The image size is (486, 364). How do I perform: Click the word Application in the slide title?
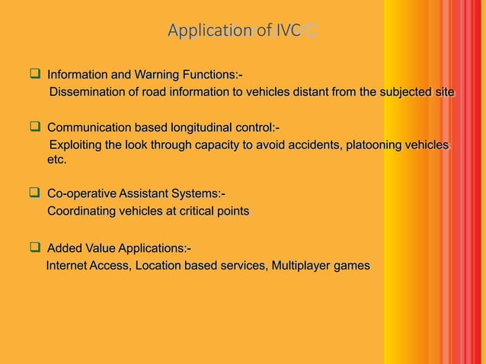coord(210,31)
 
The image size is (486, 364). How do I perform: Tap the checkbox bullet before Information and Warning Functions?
coord(34,75)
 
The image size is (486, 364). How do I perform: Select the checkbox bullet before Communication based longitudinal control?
coord(34,126)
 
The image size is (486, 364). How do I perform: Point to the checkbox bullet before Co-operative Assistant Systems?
coord(34,195)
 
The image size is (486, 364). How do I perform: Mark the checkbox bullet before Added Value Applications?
coord(34,248)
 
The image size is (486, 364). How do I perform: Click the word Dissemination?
coord(89,93)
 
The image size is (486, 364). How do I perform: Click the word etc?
coord(56,161)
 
